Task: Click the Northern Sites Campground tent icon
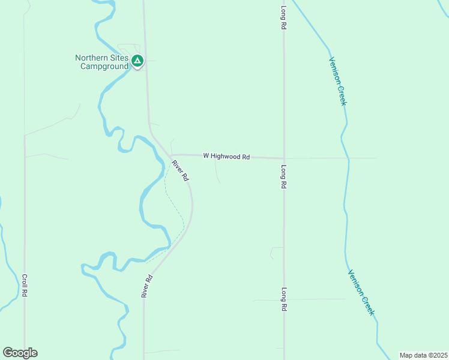pos(137,61)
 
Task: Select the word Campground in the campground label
pos(104,67)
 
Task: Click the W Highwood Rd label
pos(226,156)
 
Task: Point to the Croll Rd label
pos(25,286)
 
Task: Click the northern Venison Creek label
pos(337,81)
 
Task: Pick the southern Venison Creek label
pos(361,292)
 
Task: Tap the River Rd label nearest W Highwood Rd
pos(180,170)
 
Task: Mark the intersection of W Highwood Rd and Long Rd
pos(284,158)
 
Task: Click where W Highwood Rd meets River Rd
pos(170,155)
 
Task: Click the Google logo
pos(20,352)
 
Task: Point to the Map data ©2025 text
pos(423,355)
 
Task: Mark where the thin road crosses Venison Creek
pos(348,158)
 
